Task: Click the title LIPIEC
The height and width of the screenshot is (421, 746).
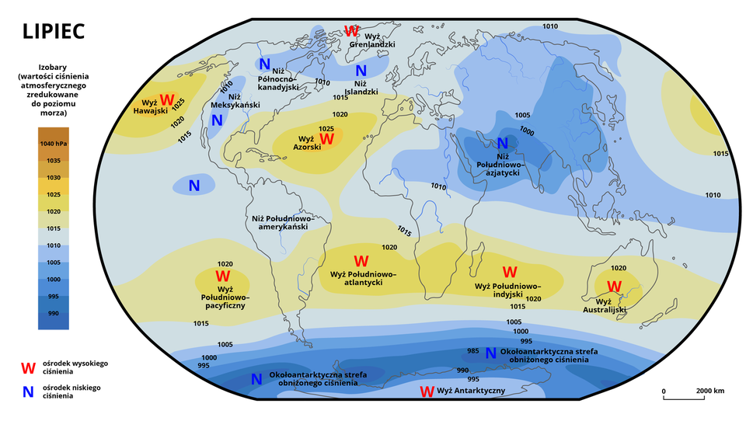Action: pyautogui.click(x=54, y=31)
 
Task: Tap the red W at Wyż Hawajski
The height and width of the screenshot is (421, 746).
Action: pyautogui.click(x=167, y=100)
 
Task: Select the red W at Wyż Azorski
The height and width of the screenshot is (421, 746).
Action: pyautogui.click(x=326, y=139)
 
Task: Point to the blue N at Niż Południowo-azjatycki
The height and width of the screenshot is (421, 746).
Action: pyautogui.click(x=502, y=143)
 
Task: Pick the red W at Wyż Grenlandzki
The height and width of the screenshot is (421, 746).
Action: pyautogui.click(x=351, y=32)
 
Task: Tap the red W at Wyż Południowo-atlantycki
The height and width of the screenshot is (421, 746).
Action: pyautogui.click(x=361, y=262)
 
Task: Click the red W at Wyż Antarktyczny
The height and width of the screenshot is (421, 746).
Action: pyautogui.click(x=427, y=391)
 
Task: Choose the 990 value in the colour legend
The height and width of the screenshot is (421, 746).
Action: pyautogui.click(x=53, y=313)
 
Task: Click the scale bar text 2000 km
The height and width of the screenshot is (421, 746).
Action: pyautogui.click(x=710, y=391)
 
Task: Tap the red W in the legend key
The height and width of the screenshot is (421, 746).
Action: pyautogui.click(x=29, y=367)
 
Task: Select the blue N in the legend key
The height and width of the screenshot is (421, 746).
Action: pyautogui.click(x=29, y=391)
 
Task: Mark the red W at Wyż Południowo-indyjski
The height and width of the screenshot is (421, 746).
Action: pyautogui.click(x=510, y=273)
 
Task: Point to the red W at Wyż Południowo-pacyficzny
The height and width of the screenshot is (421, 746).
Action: pyautogui.click(x=223, y=276)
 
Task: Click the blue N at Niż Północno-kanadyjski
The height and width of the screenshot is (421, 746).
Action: pyautogui.click(x=264, y=64)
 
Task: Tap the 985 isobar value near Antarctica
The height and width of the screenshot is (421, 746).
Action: pyautogui.click(x=472, y=351)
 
